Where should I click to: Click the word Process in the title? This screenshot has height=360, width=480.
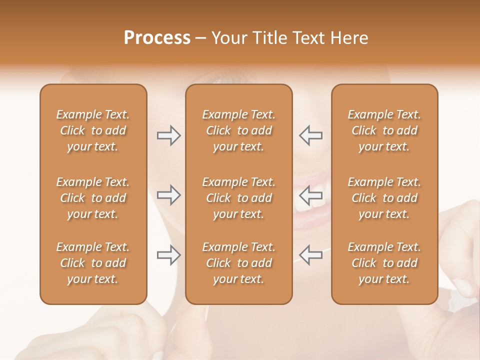coord(157,38)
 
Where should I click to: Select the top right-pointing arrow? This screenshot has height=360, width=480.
coord(168,135)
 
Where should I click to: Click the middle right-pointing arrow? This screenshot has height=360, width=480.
coord(168,195)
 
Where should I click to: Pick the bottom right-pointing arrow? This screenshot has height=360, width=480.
coord(168,255)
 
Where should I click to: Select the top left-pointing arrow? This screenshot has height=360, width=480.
coord(310,135)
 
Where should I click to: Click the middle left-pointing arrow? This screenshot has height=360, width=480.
coord(310,195)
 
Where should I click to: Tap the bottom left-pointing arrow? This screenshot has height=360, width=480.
coord(310,255)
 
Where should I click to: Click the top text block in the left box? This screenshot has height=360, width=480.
coord(93,130)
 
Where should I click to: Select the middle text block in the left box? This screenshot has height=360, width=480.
coord(93,198)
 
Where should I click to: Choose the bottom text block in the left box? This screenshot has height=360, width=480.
coord(93,263)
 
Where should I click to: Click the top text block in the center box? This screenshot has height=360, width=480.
coord(238,130)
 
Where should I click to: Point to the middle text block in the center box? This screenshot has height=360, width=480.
coord(238,198)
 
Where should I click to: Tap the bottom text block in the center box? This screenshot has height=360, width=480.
coord(238,263)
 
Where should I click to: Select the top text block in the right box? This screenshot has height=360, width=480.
coord(384,130)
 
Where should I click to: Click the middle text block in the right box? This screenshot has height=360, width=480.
coord(384,198)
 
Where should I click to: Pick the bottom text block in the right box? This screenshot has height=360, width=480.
coord(384,263)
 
